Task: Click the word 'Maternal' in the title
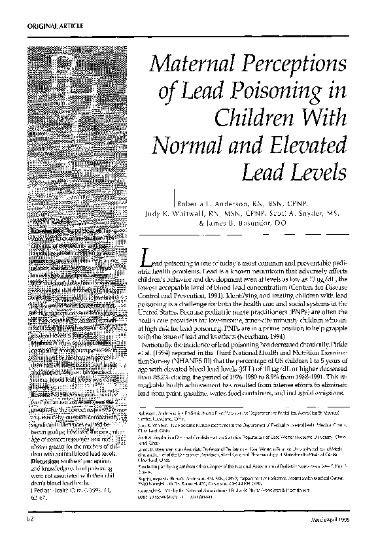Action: [x=196, y=65]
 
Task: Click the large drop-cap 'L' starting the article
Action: [x=147, y=259]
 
